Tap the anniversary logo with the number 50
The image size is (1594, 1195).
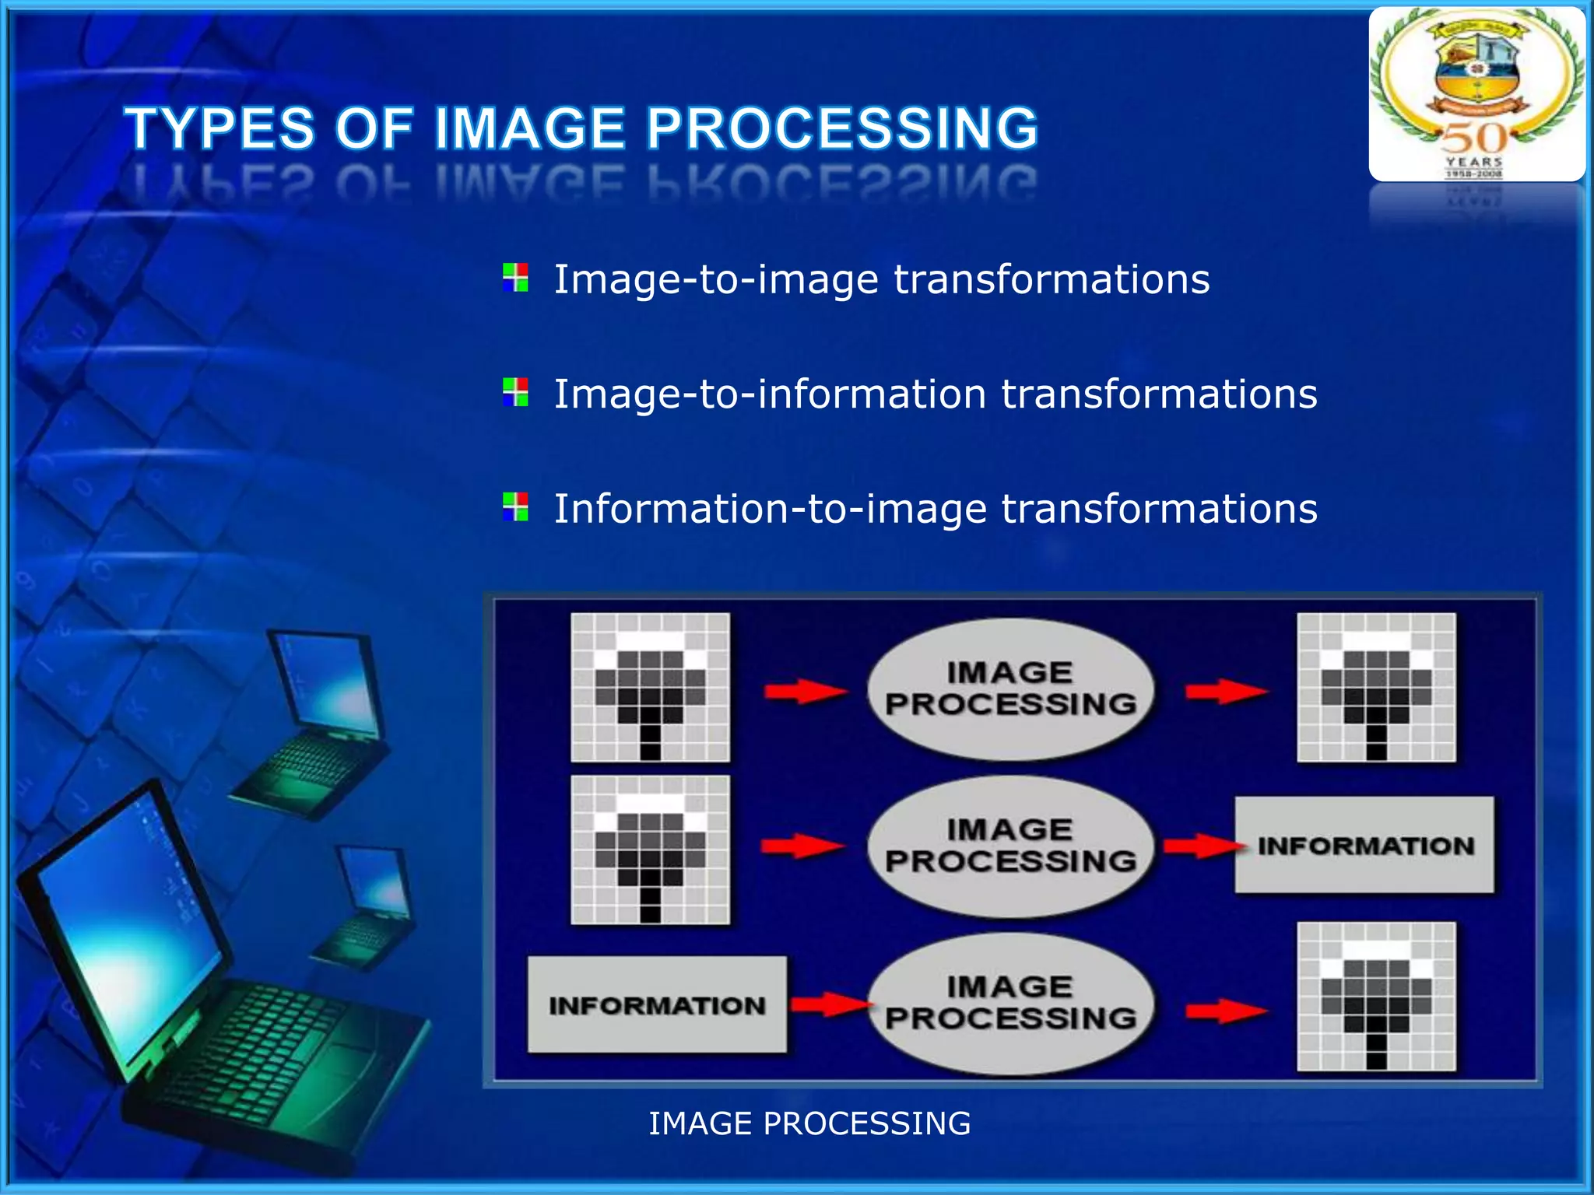pos(1476,94)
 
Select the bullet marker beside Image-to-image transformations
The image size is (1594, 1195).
pos(515,278)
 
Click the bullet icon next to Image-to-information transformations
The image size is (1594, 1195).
pos(515,392)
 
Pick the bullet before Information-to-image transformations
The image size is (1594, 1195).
pos(515,507)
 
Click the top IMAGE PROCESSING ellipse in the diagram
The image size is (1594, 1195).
pos(1010,689)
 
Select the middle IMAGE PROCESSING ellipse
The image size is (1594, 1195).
pos(1010,846)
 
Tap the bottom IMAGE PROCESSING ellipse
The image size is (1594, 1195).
pos(1010,1004)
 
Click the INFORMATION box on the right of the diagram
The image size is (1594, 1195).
pos(1364,845)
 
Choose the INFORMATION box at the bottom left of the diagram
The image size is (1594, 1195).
pos(657,1005)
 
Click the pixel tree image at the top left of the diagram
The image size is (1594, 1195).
pos(650,688)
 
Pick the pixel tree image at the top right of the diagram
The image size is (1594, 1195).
pos(1376,688)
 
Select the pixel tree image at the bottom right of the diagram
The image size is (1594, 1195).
pos(1376,997)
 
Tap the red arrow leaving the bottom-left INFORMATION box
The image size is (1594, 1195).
pos(829,1004)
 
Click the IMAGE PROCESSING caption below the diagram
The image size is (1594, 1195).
pos(809,1123)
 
